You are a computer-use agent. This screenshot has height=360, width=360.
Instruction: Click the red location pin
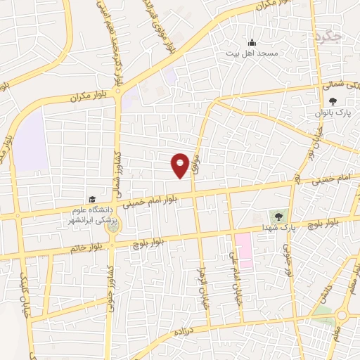coord(181,165)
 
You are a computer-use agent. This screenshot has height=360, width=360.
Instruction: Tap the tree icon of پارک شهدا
coord(278,215)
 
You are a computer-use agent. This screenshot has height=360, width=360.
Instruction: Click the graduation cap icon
coord(92,200)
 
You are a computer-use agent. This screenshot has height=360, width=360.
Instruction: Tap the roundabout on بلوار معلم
coord(345,315)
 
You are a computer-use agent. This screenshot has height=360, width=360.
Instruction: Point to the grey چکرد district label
coord(328,35)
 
